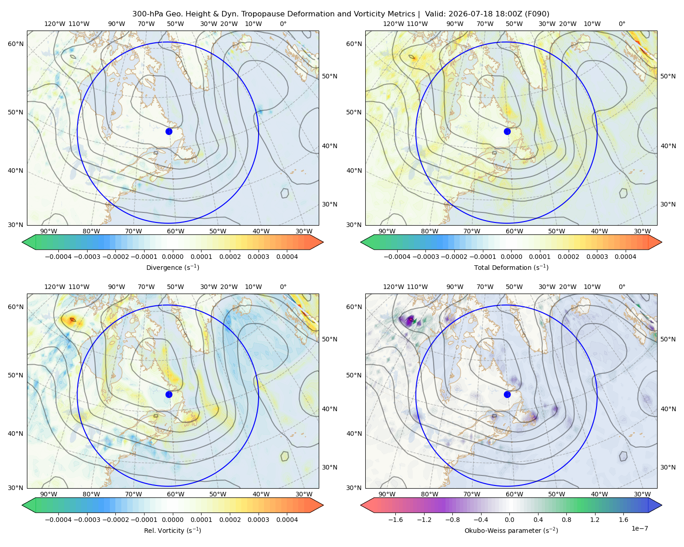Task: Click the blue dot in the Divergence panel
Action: tap(169, 131)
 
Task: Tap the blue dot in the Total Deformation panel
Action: tap(507, 131)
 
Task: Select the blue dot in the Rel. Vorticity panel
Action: tap(169, 394)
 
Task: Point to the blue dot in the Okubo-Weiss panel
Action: tap(507, 394)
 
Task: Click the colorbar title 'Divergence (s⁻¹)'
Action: tap(172, 267)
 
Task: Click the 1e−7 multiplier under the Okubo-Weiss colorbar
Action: tap(639, 528)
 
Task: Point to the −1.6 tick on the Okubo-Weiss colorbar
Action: tap(395, 519)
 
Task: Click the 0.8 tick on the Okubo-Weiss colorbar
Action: tap(566, 519)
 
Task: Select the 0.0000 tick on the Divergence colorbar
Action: tap(172, 257)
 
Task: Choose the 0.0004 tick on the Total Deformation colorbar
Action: tap(625, 257)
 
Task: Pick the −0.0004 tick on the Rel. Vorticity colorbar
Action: tap(58, 519)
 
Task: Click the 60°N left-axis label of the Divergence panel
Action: tap(16, 44)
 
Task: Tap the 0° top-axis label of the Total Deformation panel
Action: tap(622, 24)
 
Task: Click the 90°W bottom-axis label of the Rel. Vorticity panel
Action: tap(49, 494)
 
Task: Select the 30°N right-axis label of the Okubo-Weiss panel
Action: tap(668, 467)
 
